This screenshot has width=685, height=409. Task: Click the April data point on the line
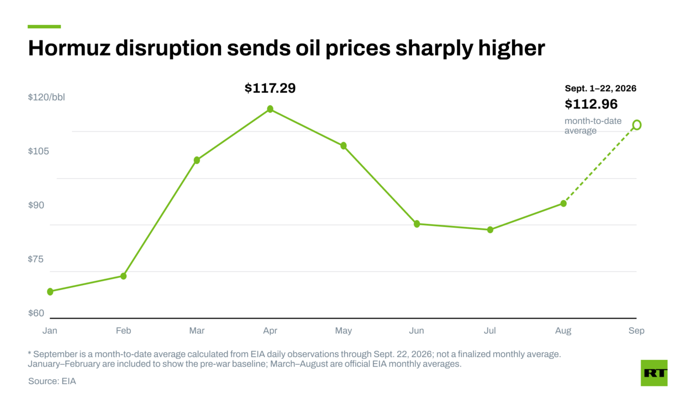[x=270, y=109]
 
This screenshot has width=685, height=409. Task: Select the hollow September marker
[x=637, y=125]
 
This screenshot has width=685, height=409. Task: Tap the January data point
[x=50, y=291]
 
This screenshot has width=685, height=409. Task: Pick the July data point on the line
[x=490, y=230]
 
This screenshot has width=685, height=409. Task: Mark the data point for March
[x=197, y=160]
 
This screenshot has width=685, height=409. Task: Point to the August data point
[x=563, y=203]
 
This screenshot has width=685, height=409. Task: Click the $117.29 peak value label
[x=270, y=88]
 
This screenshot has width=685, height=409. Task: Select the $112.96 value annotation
[x=591, y=104]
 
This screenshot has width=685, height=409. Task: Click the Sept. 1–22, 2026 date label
[x=600, y=88]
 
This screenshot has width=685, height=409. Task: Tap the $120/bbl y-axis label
[x=46, y=97]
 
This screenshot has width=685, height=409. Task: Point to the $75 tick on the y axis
[x=36, y=259]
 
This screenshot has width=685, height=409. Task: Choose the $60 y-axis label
[x=36, y=313]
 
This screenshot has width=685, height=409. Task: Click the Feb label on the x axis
[x=123, y=331]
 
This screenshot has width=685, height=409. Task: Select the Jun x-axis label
[x=417, y=331]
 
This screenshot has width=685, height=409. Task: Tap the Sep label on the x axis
[x=636, y=331]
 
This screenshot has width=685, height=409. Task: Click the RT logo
[x=654, y=373]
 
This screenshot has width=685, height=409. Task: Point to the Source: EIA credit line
[x=52, y=381]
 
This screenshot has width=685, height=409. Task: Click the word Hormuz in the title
[x=69, y=48]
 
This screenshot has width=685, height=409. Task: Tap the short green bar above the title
[x=44, y=27]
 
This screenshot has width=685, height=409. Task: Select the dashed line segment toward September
[x=600, y=164]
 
